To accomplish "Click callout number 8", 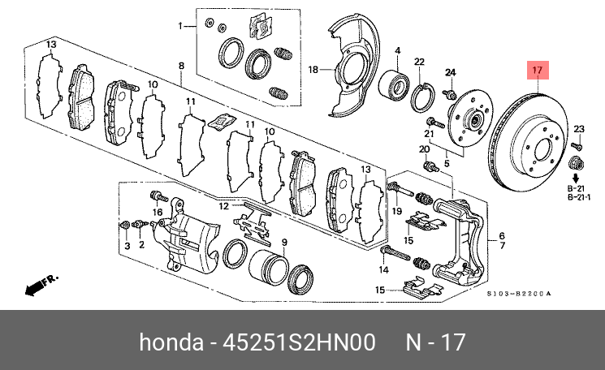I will pyautogui.click(x=181, y=65).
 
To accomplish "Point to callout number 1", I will pyautogui.click(x=182, y=26).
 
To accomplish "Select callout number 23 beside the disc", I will pyautogui.click(x=578, y=129).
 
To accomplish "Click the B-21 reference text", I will pyautogui.click(x=575, y=187).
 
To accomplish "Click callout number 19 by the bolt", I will pyautogui.click(x=398, y=211).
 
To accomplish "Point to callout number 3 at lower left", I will pyautogui.click(x=127, y=244).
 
